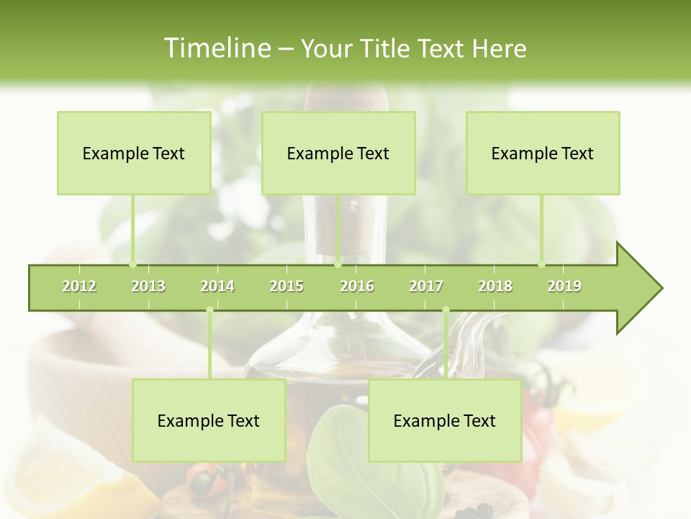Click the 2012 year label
point(79,286)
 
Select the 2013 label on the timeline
point(148,286)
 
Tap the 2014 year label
point(217,286)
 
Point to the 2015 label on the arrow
point(286,286)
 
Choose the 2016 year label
point(357,286)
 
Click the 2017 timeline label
point(426,286)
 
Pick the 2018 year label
point(495,286)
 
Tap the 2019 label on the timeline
point(564,286)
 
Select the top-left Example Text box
point(134,153)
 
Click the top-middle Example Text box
point(338,153)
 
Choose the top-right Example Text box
point(543,153)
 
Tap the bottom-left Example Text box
point(209,420)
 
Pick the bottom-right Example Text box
point(445,420)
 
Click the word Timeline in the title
point(216,48)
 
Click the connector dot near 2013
point(132,264)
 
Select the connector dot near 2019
point(542,264)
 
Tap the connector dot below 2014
point(209,310)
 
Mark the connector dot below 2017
point(446,310)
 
